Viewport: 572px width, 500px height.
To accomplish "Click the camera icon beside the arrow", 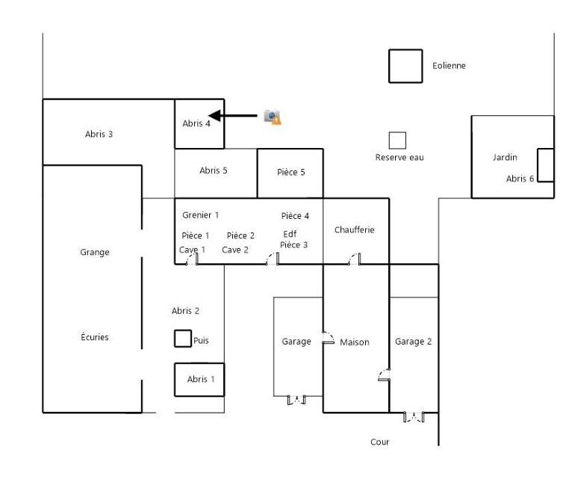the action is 273,117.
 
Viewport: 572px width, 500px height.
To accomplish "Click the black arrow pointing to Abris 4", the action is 233,116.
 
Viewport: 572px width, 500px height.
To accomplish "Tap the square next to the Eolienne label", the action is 405,66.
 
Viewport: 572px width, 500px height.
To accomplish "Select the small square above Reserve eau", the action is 397,141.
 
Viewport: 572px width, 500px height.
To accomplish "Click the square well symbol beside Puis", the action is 183,339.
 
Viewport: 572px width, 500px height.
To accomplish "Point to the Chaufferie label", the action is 354,229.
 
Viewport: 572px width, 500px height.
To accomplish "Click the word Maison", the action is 354,342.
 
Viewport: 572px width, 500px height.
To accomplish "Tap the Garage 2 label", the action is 413,342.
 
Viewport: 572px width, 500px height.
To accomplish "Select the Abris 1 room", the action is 199,380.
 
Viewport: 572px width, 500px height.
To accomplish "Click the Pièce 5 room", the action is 290,173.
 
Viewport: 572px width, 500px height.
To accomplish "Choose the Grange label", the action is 95,253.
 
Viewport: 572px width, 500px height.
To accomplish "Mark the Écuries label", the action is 95,337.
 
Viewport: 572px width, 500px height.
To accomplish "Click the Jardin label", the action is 505,158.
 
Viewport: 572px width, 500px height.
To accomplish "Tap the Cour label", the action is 380,442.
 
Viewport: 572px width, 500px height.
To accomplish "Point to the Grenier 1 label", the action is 200,215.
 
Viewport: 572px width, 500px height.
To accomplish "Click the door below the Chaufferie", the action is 355,259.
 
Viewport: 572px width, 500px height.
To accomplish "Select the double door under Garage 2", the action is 414,417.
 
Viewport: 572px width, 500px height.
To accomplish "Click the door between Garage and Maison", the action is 329,338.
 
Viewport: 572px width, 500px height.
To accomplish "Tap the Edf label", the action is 290,234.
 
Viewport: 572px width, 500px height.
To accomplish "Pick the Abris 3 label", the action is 99,134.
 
